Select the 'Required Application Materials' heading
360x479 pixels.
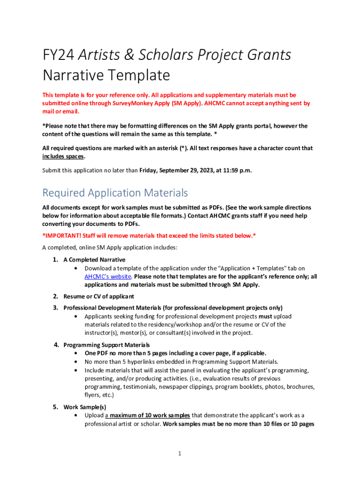pyautogui.click(x=115, y=193)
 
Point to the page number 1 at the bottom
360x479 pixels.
pyautogui.click(x=180, y=453)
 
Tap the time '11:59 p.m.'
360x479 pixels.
pyautogui.click(x=236, y=170)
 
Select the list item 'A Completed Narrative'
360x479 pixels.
pyautogui.click(x=94, y=260)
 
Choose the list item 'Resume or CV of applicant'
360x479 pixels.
pyautogui.click(x=99, y=296)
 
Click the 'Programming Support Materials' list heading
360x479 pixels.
pyautogui.click(x=107, y=345)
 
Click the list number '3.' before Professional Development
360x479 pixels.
pyautogui.click(x=55, y=308)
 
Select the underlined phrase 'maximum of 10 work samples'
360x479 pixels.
pyautogui.click(x=150, y=415)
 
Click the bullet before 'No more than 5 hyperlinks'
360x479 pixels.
pyautogui.click(x=76, y=362)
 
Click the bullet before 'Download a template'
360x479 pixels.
pyautogui.click(x=76, y=269)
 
